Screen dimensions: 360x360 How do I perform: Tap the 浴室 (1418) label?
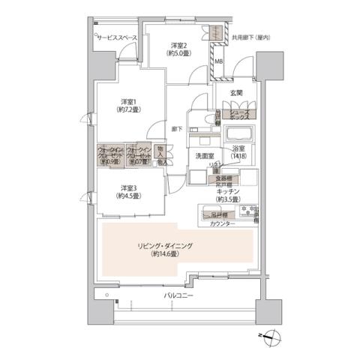click(238, 154)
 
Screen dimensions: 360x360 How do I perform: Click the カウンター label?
click(222, 224)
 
